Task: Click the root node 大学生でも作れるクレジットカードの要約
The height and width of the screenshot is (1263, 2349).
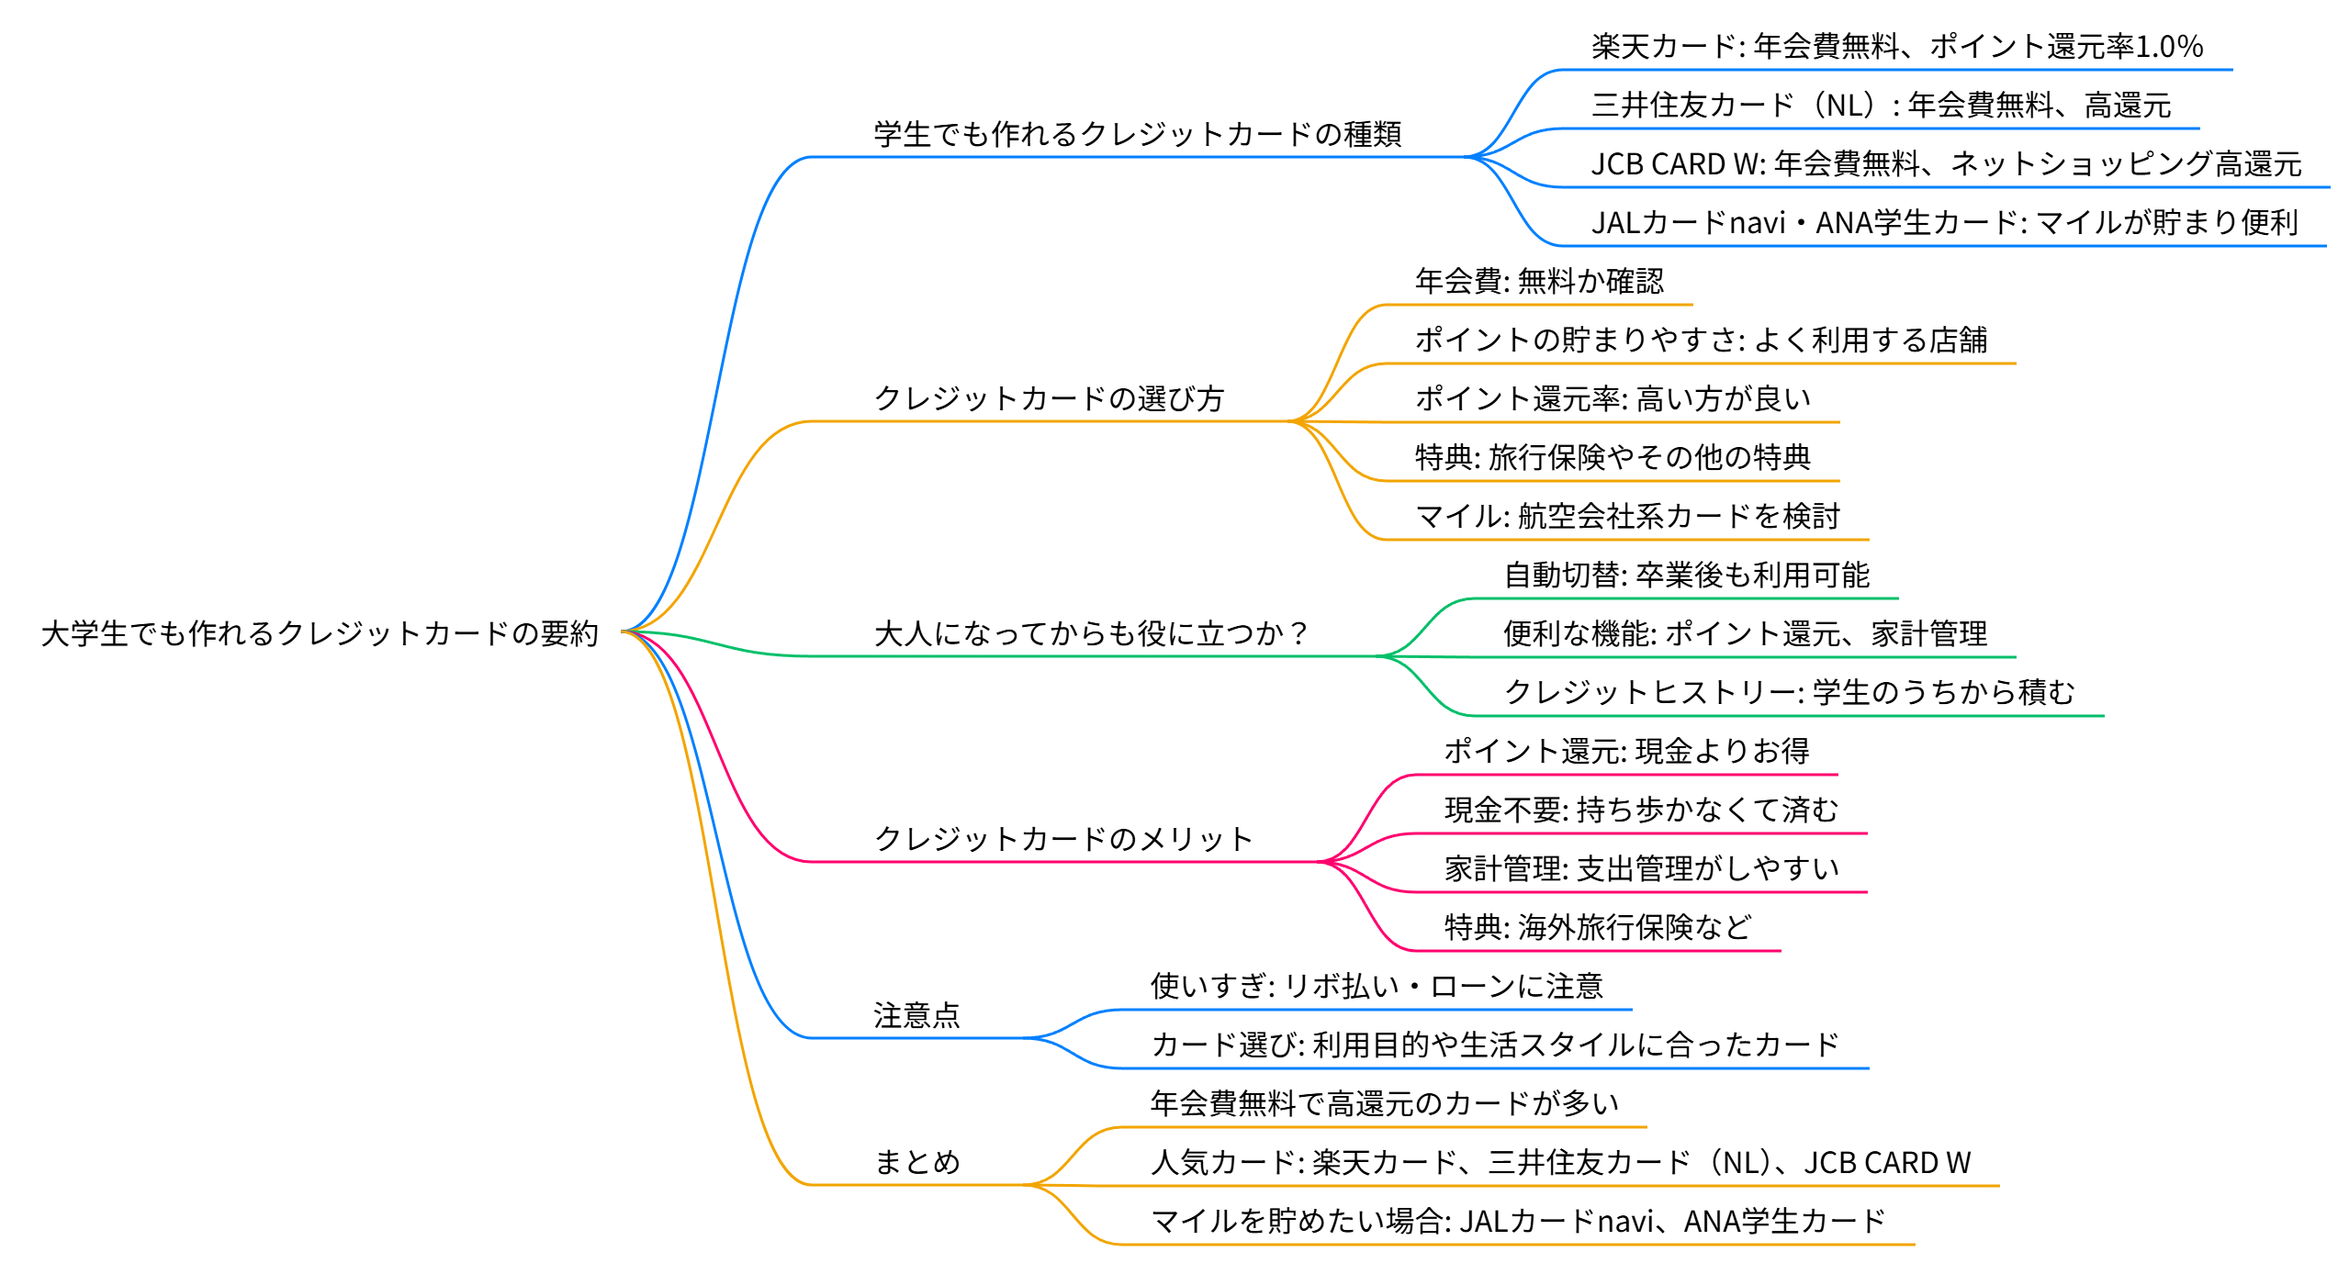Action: (320, 633)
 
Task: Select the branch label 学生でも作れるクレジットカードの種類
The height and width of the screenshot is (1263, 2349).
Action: (1138, 134)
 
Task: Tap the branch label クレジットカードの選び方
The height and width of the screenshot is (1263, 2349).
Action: (1049, 398)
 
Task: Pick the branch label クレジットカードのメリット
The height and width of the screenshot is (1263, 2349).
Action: (1063, 839)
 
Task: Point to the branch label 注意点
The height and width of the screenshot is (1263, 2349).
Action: (916, 1015)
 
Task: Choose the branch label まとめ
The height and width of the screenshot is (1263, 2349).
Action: (916, 1162)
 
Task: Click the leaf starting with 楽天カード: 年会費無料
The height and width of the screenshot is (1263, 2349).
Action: (1897, 46)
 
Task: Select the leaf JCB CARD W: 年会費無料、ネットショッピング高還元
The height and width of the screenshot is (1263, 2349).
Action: (1946, 163)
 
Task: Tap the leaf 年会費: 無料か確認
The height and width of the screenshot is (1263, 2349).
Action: (1539, 281)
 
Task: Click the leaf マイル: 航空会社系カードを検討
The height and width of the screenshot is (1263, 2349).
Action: (1627, 516)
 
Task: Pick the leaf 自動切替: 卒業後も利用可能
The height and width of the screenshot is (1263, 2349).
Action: (1686, 575)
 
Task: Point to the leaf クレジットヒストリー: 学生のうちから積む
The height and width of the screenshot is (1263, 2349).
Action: (1789, 692)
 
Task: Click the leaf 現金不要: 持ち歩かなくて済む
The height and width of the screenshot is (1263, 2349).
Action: (1642, 810)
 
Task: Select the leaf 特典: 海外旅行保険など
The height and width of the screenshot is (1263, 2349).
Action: (1598, 927)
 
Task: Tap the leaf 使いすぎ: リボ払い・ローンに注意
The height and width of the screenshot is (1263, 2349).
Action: (1377, 986)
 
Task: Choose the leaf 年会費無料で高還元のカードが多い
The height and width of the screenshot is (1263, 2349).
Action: (1385, 1103)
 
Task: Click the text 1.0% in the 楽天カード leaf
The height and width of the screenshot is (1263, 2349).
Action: (2169, 46)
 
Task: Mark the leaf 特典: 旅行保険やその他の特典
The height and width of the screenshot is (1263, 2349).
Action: (1613, 457)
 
